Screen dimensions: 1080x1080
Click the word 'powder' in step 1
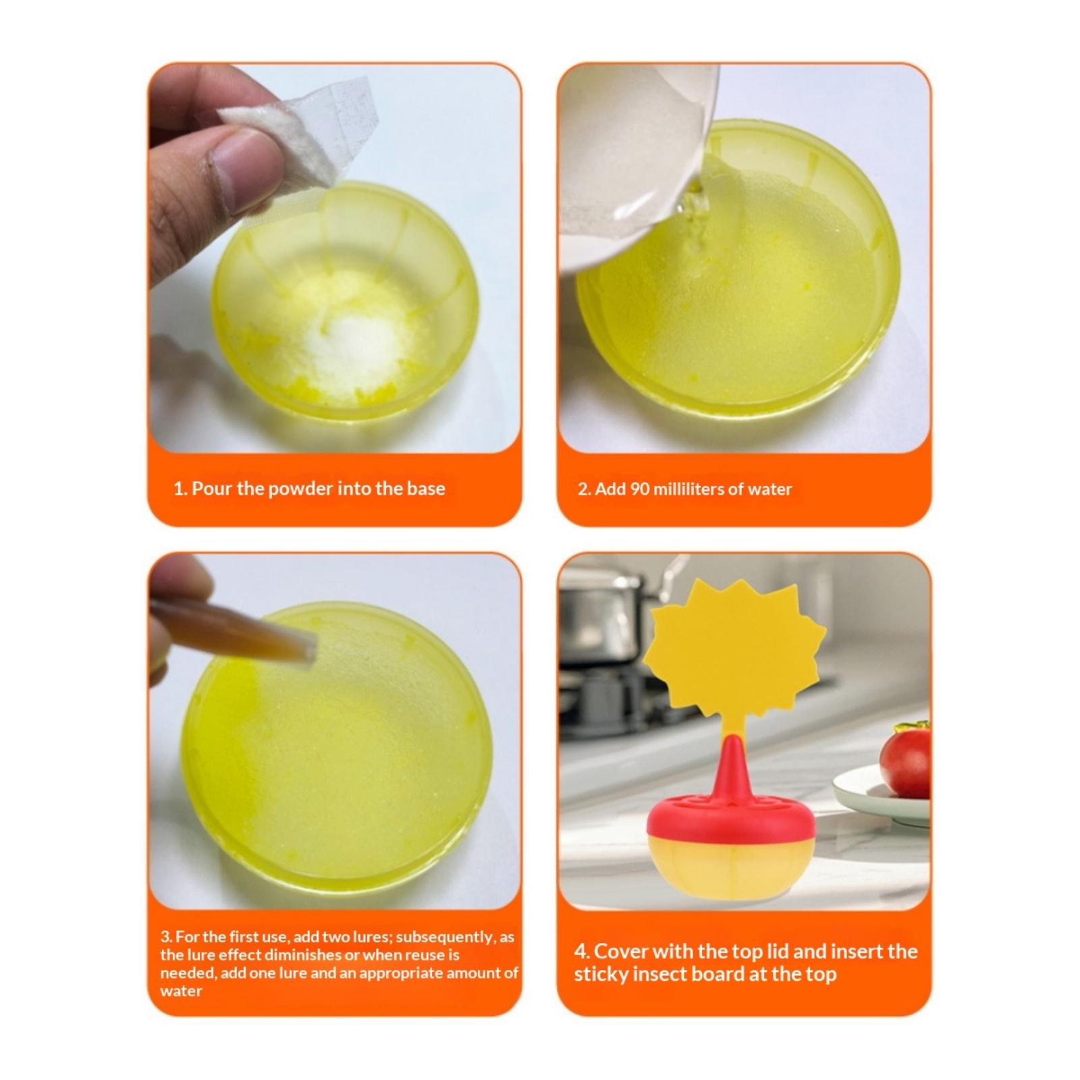300,489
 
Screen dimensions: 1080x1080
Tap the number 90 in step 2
640,489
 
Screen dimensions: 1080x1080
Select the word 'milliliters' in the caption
688,489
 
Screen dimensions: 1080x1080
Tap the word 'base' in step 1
426,489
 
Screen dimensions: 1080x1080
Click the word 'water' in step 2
769,489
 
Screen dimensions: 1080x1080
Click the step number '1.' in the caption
180,489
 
